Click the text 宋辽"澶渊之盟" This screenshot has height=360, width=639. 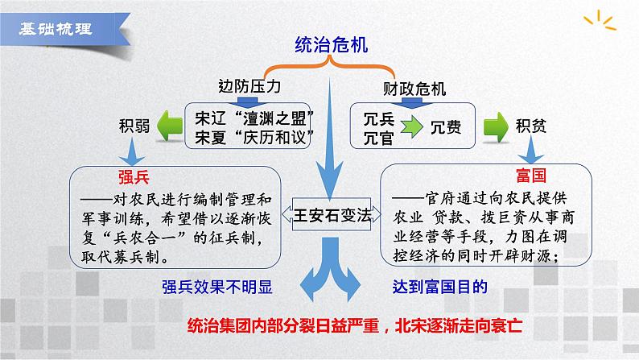[253, 116]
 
